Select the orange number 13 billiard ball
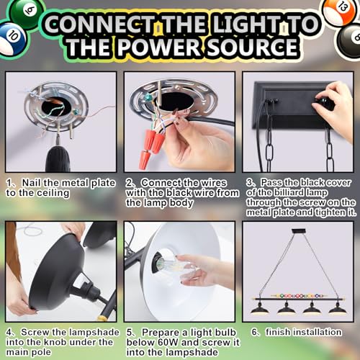coord(338,10)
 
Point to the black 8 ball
coord(349,39)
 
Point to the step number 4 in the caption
coord(9,332)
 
